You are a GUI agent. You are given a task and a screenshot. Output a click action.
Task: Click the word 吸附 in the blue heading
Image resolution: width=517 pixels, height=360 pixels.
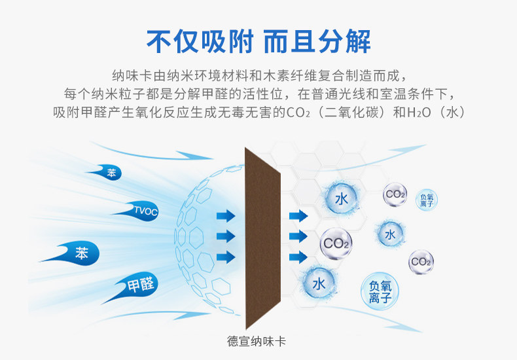pyautogui.click(x=226, y=40)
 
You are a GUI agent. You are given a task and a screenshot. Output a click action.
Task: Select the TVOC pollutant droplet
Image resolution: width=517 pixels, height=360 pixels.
pyautogui.click(x=143, y=211)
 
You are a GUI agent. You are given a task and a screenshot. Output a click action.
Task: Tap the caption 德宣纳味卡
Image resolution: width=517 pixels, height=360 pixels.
pyautogui.click(x=258, y=342)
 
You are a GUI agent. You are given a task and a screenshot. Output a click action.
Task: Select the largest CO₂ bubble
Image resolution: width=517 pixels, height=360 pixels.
pyautogui.click(x=336, y=244)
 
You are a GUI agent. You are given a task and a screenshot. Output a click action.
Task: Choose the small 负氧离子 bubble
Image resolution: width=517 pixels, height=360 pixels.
pyautogui.click(x=427, y=201)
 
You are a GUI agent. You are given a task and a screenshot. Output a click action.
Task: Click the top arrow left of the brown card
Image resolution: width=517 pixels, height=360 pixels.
pyautogui.click(x=226, y=215)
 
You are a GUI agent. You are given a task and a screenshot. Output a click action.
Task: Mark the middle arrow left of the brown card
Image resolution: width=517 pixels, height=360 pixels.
pyautogui.click(x=226, y=236)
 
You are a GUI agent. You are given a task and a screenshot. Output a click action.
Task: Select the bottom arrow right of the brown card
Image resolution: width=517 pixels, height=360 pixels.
pyautogui.click(x=298, y=257)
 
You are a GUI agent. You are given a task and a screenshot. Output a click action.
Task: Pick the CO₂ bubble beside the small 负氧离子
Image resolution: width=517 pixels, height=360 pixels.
pyautogui.click(x=395, y=194)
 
